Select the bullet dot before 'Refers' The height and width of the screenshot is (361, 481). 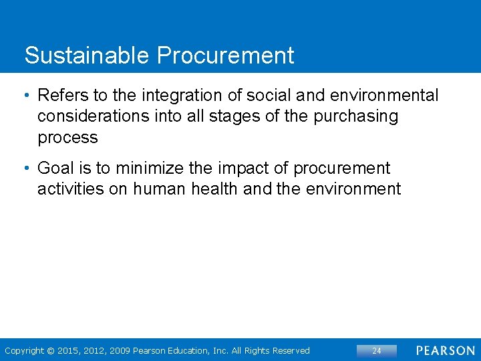[27, 96]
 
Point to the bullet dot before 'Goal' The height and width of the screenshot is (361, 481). [27, 168]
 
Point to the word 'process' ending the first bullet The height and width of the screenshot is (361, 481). [67, 138]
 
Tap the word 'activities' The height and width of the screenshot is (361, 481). [71, 189]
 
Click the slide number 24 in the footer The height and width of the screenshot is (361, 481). [376, 351]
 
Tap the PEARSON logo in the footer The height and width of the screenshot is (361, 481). [445, 351]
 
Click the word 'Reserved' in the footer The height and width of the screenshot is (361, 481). [290, 351]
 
